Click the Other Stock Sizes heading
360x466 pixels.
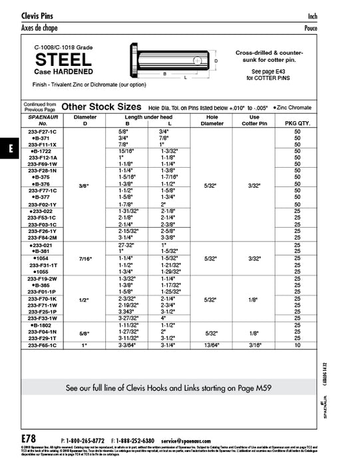(100, 106)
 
